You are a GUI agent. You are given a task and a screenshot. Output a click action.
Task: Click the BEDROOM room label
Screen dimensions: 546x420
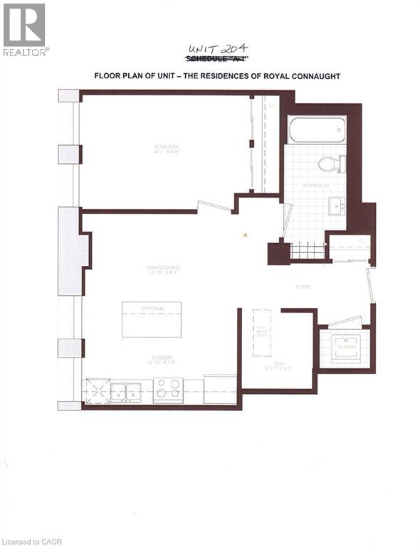click(165, 148)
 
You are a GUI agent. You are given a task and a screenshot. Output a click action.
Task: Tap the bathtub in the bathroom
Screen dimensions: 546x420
click(317, 130)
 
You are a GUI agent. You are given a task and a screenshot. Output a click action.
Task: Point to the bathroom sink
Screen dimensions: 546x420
click(337, 207)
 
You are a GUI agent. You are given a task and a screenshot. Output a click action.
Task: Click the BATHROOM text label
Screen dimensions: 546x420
click(314, 185)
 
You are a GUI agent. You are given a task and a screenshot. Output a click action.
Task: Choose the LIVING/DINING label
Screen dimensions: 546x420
click(163, 268)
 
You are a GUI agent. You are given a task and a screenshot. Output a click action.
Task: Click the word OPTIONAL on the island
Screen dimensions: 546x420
click(152, 309)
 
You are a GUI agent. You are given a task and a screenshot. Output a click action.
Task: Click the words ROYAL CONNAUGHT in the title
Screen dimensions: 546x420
click(300, 75)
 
